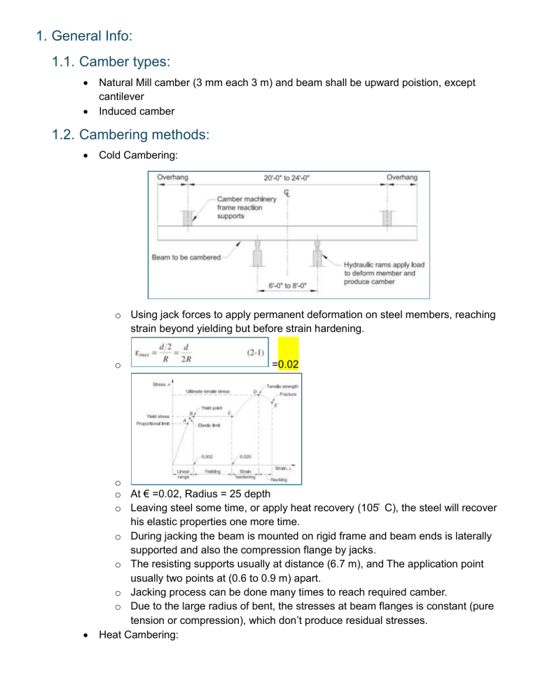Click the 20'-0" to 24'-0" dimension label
coord(285,178)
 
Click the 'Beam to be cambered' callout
coord(186,257)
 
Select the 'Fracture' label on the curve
coord(288,395)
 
